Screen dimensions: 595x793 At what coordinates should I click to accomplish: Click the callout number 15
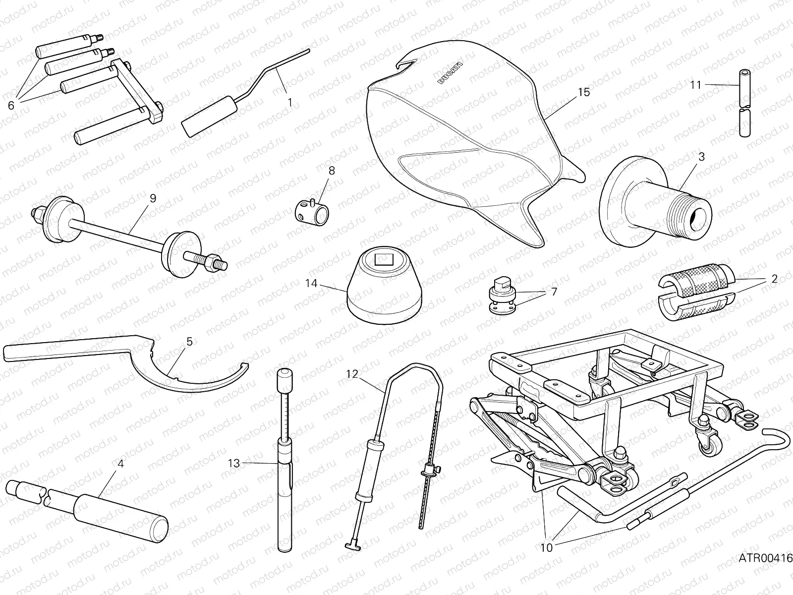pos(584,92)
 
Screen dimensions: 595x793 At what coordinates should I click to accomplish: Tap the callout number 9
pos(153,198)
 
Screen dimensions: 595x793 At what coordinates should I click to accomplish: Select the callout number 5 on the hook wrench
pos(189,342)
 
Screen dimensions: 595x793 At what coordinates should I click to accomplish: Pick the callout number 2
pos(774,278)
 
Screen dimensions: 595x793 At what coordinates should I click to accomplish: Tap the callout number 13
pos(233,464)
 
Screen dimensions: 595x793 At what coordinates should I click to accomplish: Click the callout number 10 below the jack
pos(546,547)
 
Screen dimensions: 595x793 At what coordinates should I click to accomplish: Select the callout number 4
pos(120,464)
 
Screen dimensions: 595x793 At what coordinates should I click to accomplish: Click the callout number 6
pos(11,105)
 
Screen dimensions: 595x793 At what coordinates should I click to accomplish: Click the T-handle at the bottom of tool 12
pos(354,545)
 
